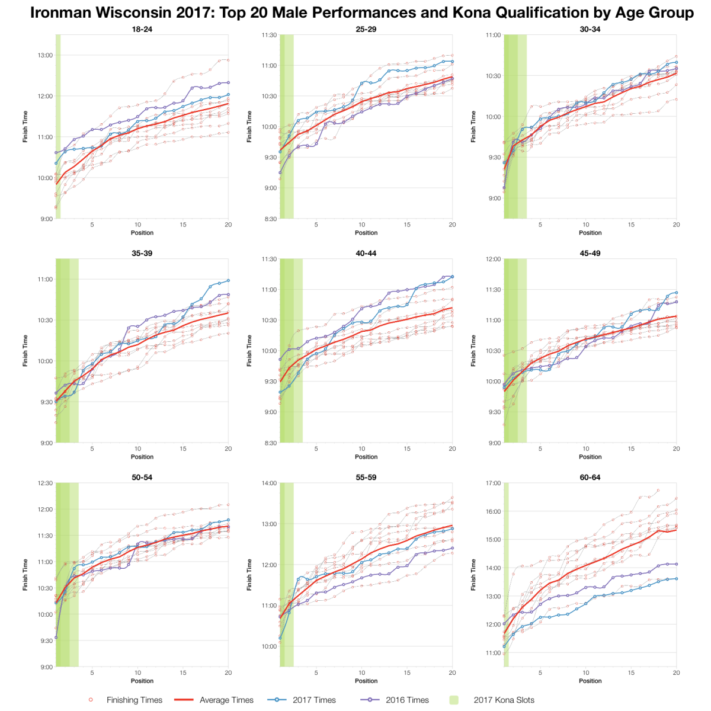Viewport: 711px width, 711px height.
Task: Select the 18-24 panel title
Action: click(x=142, y=29)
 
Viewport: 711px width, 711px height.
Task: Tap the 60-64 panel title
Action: click(x=590, y=477)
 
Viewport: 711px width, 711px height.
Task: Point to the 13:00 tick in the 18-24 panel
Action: click(x=46, y=55)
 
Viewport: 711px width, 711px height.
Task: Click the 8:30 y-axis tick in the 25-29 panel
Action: click(x=270, y=219)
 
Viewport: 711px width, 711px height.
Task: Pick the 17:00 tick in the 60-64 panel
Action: click(x=493, y=483)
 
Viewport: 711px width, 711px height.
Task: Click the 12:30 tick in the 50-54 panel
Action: click(x=46, y=483)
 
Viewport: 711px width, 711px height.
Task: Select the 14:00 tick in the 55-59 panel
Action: click(x=270, y=483)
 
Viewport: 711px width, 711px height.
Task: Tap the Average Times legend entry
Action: click(x=226, y=700)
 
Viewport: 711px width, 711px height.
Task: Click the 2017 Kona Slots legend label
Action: click(x=504, y=700)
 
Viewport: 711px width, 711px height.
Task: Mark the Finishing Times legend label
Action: click(x=134, y=700)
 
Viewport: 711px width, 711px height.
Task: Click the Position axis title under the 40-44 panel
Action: click(x=366, y=457)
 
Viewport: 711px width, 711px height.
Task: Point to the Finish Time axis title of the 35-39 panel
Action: click(x=25, y=351)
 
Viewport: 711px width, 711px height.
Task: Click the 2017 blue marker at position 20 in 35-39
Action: click(x=228, y=281)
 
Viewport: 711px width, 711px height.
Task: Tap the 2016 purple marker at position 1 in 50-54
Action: click(x=56, y=638)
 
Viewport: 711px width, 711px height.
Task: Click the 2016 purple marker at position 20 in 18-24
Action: click(x=228, y=83)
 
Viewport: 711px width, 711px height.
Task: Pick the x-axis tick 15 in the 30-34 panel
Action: click(x=631, y=225)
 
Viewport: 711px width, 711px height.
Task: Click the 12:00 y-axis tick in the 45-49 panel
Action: click(x=493, y=259)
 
